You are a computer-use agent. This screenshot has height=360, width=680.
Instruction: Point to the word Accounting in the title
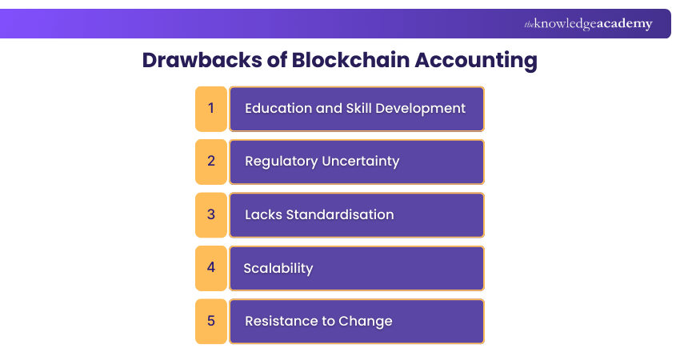tap(483, 61)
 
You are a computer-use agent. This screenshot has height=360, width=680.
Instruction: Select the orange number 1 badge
tap(211, 108)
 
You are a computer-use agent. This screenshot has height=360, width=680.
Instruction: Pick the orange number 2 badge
tap(211, 161)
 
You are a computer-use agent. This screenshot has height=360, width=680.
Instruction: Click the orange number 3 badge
tap(211, 214)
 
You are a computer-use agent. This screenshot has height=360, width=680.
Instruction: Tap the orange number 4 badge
tap(211, 267)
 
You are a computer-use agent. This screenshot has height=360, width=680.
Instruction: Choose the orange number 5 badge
tap(211, 321)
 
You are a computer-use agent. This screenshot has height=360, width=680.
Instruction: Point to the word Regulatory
tap(281, 161)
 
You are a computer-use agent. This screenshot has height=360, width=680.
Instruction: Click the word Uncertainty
tap(360, 161)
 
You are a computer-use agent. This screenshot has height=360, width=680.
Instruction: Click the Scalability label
tap(278, 268)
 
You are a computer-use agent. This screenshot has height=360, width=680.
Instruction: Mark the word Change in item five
tap(366, 321)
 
